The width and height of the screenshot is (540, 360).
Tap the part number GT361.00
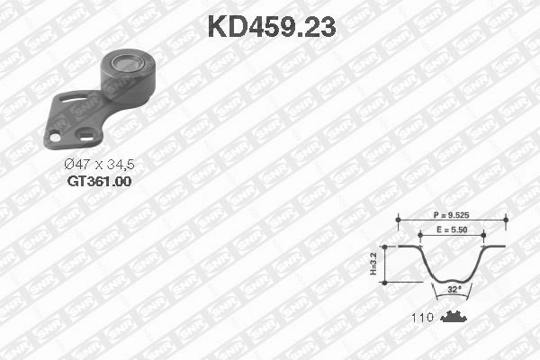[99, 181]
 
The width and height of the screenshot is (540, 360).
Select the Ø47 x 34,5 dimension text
[99, 165]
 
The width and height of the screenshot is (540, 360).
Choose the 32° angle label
[453, 289]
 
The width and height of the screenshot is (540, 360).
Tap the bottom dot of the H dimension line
[384, 283]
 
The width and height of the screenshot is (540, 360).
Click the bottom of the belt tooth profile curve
[453, 280]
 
